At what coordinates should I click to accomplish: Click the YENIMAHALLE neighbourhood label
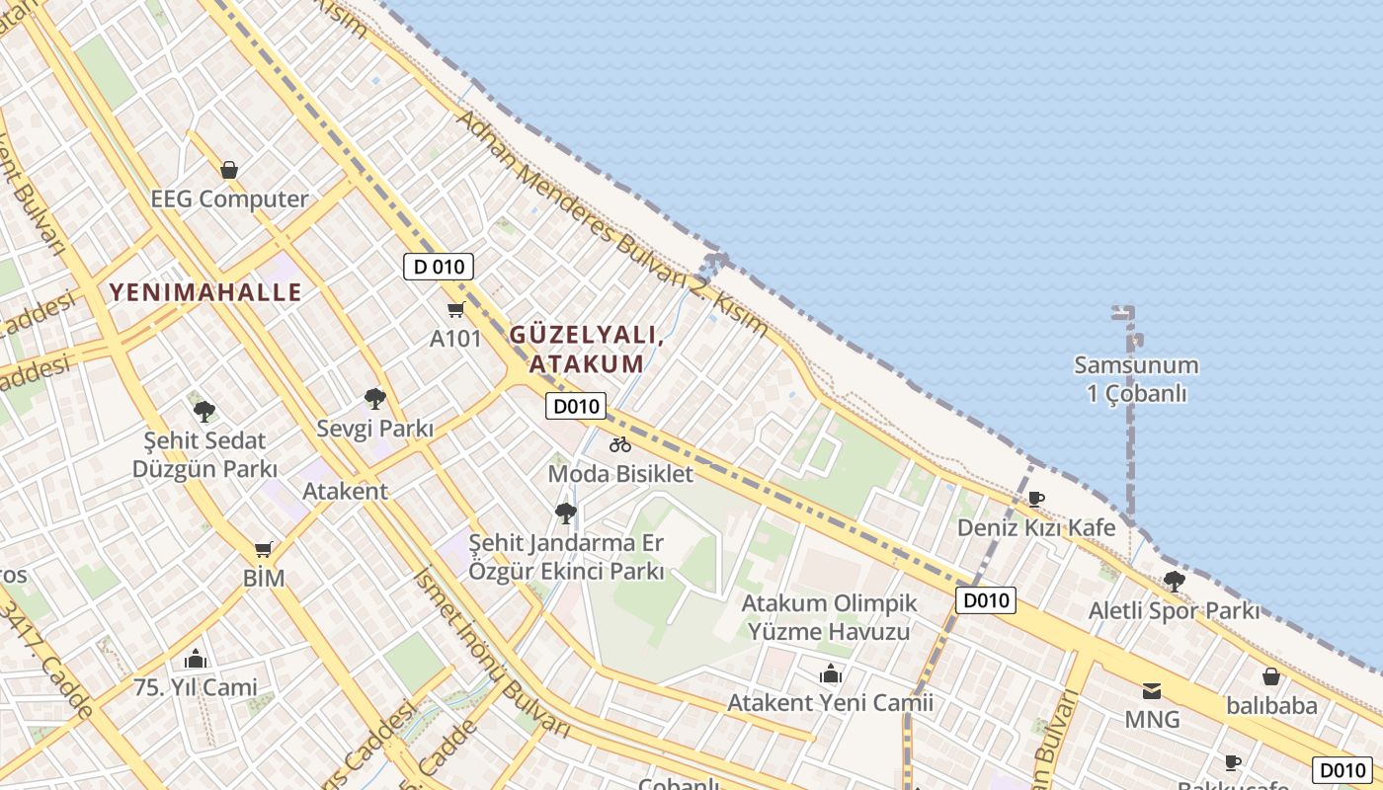point(205,292)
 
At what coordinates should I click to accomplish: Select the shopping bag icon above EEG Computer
point(229,170)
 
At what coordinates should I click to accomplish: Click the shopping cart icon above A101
point(455,310)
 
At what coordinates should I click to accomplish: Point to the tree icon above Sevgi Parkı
point(374,399)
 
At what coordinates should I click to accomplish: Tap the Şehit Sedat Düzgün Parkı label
point(204,454)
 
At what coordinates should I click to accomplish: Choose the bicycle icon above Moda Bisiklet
point(620,444)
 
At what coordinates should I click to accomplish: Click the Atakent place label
point(345,491)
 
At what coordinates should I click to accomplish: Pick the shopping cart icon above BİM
point(263,549)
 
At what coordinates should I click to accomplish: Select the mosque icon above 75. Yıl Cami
point(196,658)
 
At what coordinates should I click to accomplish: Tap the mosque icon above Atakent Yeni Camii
point(830,674)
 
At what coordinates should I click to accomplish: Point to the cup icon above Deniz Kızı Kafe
point(1035,499)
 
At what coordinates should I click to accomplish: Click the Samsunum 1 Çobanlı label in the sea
point(1136,379)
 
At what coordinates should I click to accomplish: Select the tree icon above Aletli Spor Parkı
point(1174,581)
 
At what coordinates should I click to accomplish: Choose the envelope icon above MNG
point(1152,690)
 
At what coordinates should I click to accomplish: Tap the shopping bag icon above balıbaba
point(1271,676)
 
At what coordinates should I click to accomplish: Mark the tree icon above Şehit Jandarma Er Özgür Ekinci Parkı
point(566,513)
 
